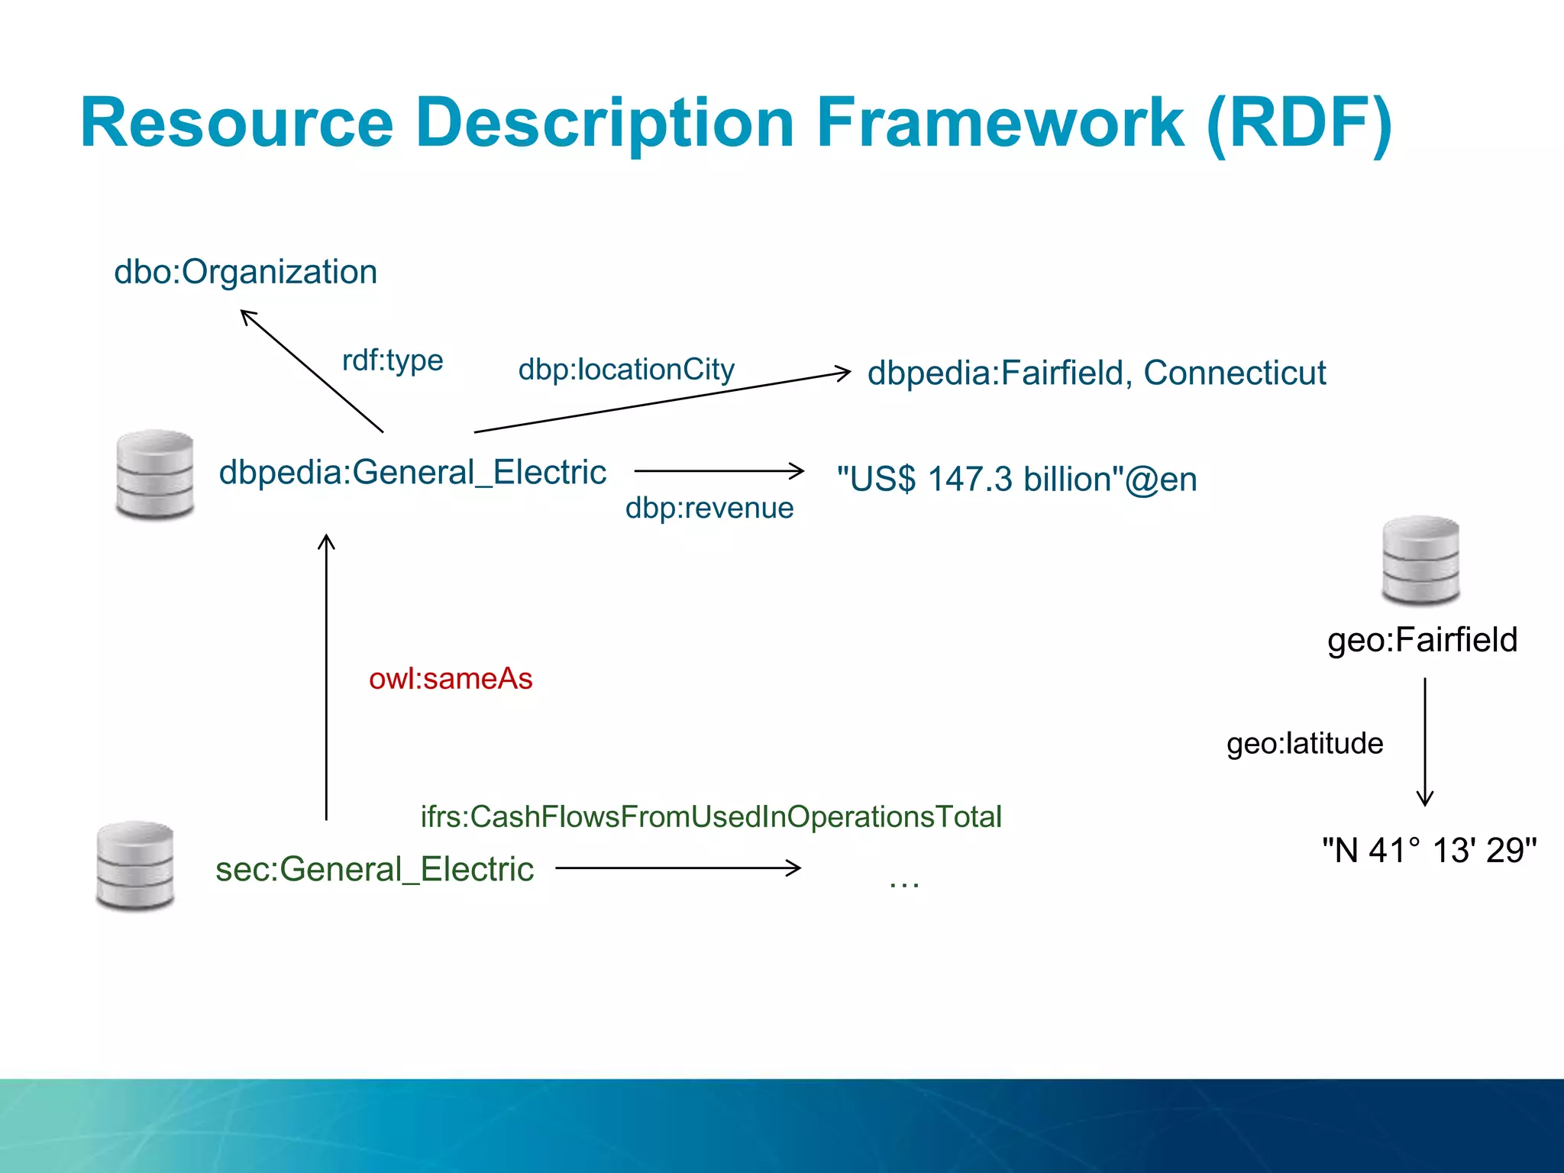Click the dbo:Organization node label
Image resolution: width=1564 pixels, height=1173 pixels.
pyautogui.click(x=245, y=273)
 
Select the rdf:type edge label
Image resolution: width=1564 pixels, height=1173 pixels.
pyautogui.click(x=393, y=360)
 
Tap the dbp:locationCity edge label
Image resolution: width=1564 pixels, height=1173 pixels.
pyautogui.click(x=626, y=370)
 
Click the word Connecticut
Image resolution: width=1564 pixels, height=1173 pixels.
pyautogui.click(x=1234, y=373)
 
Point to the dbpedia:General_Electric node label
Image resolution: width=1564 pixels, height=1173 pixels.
pyautogui.click(x=412, y=473)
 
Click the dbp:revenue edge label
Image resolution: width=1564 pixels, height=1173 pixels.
pyautogui.click(x=709, y=508)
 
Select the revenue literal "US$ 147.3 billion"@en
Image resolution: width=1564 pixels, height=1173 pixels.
pyautogui.click(x=1016, y=480)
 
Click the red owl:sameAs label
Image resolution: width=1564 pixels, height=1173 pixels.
pyautogui.click(x=451, y=679)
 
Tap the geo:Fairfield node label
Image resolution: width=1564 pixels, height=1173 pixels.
pyautogui.click(x=1422, y=640)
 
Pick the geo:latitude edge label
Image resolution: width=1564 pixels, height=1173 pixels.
pyautogui.click(x=1304, y=743)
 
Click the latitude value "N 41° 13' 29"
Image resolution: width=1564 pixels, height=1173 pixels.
pyautogui.click(x=1429, y=850)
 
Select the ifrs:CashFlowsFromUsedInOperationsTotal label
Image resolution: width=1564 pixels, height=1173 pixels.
pyautogui.click(x=711, y=817)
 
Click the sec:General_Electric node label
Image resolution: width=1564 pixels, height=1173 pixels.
pyautogui.click(x=374, y=870)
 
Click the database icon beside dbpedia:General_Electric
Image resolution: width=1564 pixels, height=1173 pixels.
pyautogui.click(x=155, y=474)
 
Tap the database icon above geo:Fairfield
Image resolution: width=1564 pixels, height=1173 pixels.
pyautogui.click(x=1420, y=561)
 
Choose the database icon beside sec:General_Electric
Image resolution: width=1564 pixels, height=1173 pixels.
pyautogui.click(x=135, y=866)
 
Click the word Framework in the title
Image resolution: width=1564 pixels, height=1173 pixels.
pyautogui.click(x=1000, y=123)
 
